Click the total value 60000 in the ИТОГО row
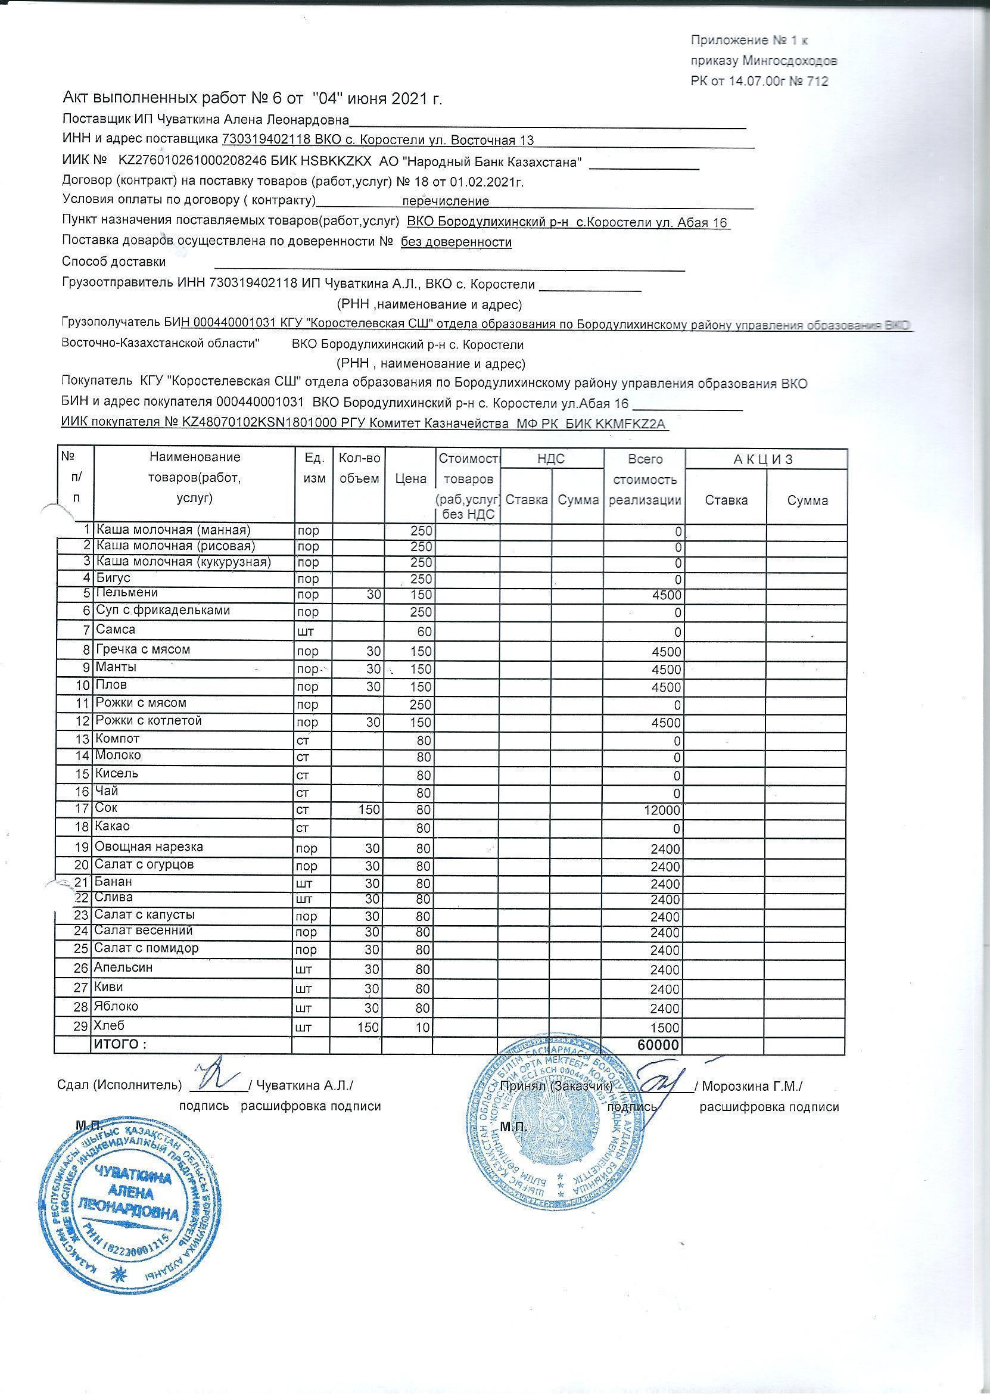tap(658, 1045)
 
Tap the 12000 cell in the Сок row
tap(663, 811)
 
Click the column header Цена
tap(410, 478)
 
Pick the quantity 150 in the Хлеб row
tap(368, 1027)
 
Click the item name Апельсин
tap(123, 967)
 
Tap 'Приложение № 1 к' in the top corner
tap(749, 41)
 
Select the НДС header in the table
tap(551, 459)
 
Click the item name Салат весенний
tap(143, 931)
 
